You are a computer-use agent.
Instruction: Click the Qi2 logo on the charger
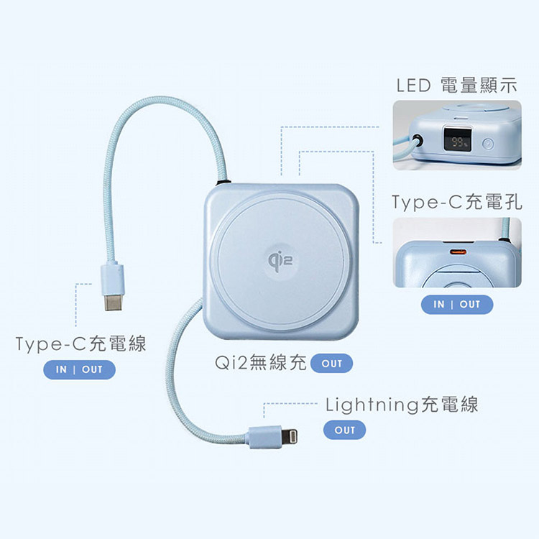pos(280,261)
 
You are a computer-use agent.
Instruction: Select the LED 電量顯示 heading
pos(456,86)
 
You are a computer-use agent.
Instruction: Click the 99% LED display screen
pos(458,139)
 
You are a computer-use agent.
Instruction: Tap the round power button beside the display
pos(488,144)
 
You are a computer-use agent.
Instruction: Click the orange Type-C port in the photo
pos(459,252)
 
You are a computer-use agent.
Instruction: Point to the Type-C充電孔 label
pos(456,202)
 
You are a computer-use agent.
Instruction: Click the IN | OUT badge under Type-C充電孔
pos(457,304)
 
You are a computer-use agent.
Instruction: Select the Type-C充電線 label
pos(80,344)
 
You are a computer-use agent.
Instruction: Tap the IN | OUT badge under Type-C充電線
pos(79,369)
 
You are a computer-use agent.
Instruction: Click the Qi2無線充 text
pos(261,362)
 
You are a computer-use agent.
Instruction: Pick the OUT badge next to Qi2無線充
pos(332,364)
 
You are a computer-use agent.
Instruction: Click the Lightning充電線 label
pos(402,405)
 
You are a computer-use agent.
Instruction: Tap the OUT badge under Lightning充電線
pos(344,430)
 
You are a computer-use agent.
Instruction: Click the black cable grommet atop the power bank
pos(223,182)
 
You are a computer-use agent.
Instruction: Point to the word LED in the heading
pos(413,86)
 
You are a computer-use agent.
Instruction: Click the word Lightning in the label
pos(372,405)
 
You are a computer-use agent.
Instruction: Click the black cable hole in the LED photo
pos(418,141)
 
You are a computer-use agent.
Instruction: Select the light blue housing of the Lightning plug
pos(265,437)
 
